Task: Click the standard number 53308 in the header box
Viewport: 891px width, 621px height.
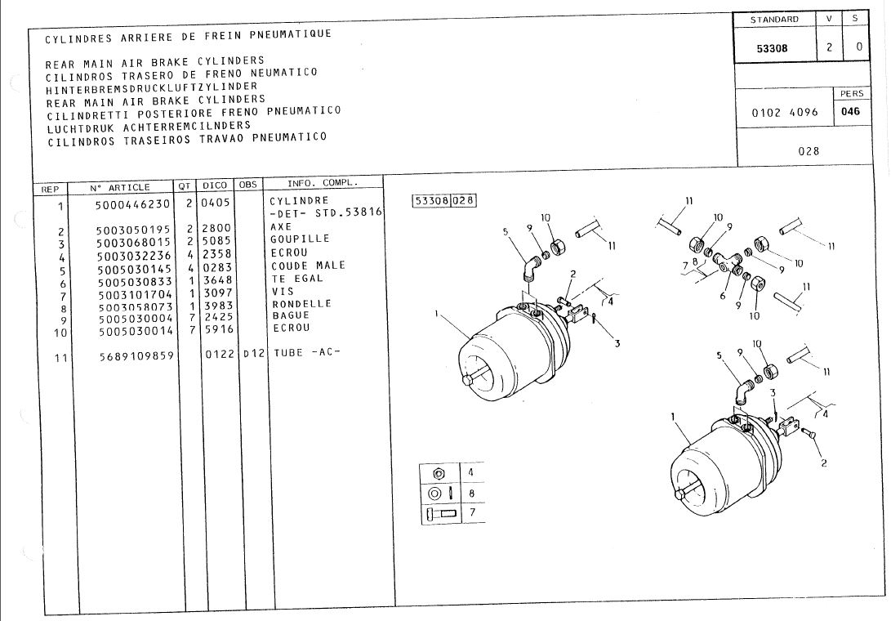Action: click(773, 48)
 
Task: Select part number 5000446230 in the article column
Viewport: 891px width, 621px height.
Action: click(132, 203)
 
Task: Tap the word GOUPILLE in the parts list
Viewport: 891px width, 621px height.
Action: click(300, 239)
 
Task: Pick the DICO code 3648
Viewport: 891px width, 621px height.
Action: click(218, 280)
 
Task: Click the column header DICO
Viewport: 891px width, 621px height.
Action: click(215, 185)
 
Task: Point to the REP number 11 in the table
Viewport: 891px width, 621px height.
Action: click(60, 358)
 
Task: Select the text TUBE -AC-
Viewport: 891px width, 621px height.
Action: click(307, 353)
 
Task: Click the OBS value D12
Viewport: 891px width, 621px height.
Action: click(254, 353)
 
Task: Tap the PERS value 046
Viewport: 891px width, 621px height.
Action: click(851, 111)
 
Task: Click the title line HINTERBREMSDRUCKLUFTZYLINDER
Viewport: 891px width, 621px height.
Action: click(152, 87)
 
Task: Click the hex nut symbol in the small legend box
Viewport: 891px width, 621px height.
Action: click(438, 473)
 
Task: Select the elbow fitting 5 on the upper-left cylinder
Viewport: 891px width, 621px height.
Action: click(532, 266)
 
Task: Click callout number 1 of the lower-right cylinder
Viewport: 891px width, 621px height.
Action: click(674, 417)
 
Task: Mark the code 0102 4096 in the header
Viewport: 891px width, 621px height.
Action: click(785, 113)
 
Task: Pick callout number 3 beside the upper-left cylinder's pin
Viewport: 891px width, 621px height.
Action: click(617, 343)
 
